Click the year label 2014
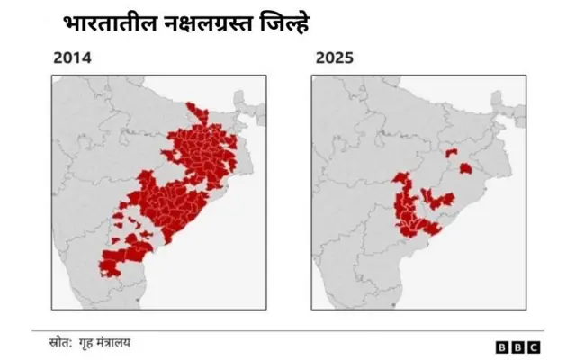tap(72, 59)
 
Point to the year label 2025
tap(335, 59)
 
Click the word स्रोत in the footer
tap(61, 343)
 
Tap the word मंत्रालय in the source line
tap(122, 343)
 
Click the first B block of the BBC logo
tap(502, 346)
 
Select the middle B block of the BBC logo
tap(517, 346)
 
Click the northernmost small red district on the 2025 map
tap(451, 154)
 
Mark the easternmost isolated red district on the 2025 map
tap(465, 168)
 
